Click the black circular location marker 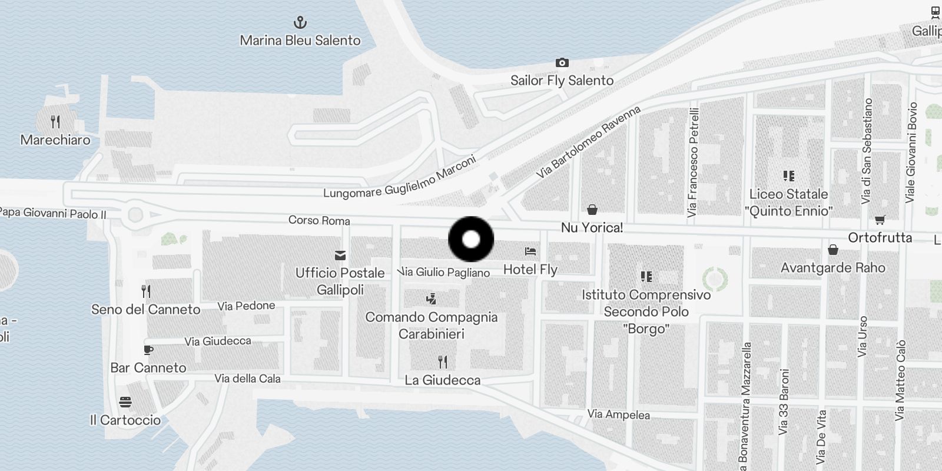coord(471,239)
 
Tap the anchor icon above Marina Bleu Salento coord(300,23)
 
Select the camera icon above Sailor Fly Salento coord(562,62)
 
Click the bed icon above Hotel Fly coord(530,251)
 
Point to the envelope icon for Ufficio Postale coord(340,255)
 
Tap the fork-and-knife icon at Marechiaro coord(55,122)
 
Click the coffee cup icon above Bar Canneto coord(148,350)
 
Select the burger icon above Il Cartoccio coord(125,402)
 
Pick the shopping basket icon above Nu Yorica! coord(592,210)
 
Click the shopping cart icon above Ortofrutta coord(880,220)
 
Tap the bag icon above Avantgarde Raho coord(833,250)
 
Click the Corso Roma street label coord(319,220)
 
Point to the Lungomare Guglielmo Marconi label coord(400,177)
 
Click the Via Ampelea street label coord(618,414)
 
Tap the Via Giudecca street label coord(218,341)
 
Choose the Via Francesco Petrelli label coord(694,162)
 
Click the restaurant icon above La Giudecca coord(443,361)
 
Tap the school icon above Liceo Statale coord(789,175)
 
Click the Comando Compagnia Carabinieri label coord(432,325)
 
